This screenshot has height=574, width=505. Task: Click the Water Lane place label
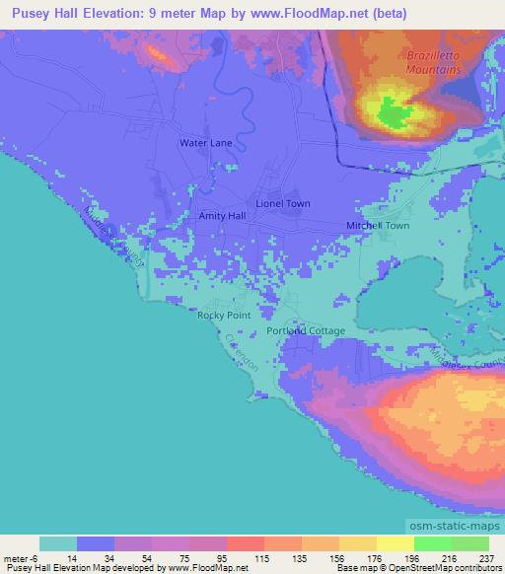pyautogui.click(x=205, y=143)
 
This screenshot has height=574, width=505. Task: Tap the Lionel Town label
pyautogui.click(x=283, y=203)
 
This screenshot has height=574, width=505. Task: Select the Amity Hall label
pyautogui.click(x=222, y=215)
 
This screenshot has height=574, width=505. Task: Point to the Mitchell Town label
pyautogui.click(x=377, y=226)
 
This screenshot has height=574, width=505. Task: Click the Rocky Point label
pyautogui.click(x=223, y=315)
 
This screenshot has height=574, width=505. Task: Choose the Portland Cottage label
pyautogui.click(x=307, y=331)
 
